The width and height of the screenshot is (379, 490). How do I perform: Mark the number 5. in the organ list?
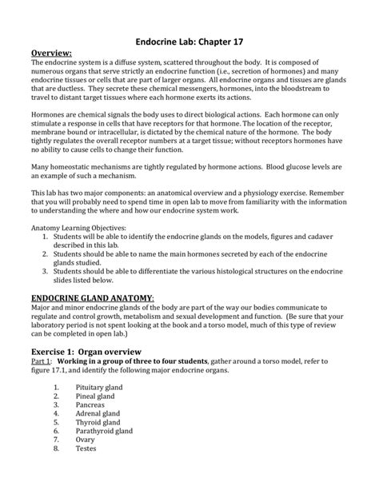[x=56, y=425]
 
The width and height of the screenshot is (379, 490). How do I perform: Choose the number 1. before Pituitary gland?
[x=56, y=387]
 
